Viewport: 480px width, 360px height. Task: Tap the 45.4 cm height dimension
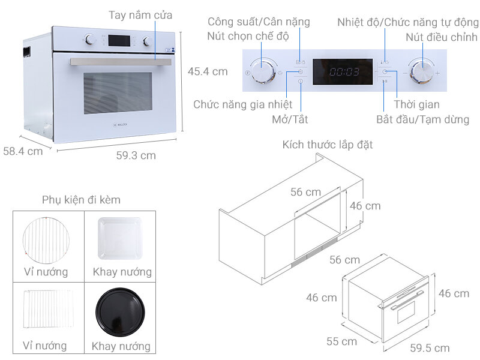208,71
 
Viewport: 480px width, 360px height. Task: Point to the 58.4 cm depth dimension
23,151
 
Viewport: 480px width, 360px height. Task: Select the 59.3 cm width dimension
136,155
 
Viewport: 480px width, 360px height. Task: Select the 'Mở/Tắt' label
290,119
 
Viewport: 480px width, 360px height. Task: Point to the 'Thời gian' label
416,105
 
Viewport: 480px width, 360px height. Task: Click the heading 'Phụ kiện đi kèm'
81,200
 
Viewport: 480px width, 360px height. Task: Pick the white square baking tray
119,239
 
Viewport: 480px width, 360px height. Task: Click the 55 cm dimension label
341,341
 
